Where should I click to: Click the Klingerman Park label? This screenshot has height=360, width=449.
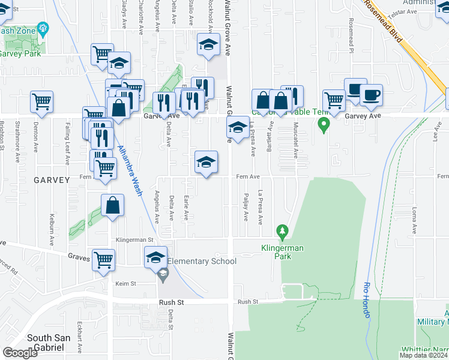282,252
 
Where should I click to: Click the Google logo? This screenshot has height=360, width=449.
20,353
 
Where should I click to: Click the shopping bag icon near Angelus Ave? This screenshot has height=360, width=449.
112,206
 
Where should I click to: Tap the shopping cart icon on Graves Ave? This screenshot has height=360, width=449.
104,260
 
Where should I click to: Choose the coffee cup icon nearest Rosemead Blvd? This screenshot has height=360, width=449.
370,95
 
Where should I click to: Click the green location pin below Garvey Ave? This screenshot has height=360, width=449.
324,126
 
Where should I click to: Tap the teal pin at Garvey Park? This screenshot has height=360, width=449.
43,28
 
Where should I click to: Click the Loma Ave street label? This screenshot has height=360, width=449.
414,220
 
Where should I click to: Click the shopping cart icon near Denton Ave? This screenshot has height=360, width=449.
41,102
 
